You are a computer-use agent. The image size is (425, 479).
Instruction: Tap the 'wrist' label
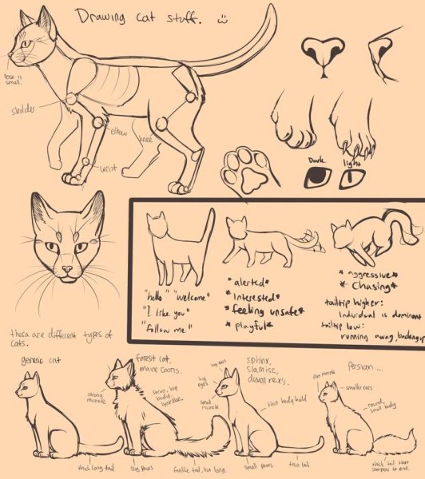tap(108, 168)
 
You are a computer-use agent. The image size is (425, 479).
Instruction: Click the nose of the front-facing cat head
tap(65, 270)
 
